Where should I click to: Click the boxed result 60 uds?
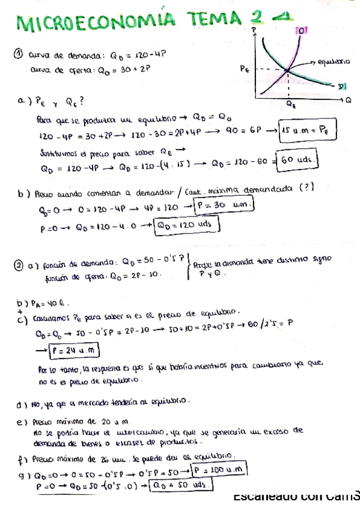coord(298,160)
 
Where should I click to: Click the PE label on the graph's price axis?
coord(245,70)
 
